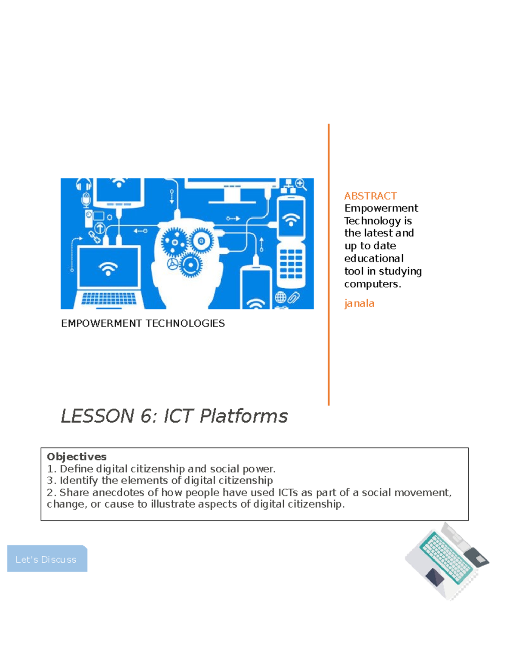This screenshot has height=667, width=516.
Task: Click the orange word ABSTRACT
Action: click(x=370, y=196)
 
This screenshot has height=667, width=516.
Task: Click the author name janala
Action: click(x=359, y=303)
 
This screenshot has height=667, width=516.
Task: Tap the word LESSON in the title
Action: click(x=98, y=416)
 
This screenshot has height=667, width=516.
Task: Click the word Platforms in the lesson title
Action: click(x=243, y=416)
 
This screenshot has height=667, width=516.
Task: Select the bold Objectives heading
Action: click(x=77, y=457)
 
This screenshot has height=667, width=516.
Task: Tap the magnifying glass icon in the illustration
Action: click(x=301, y=184)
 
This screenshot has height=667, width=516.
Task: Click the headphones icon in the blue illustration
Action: click(x=83, y=185)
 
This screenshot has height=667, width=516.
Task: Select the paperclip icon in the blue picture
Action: click(x=295, y=297)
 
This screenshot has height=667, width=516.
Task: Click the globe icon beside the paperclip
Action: click(x=281, y=297)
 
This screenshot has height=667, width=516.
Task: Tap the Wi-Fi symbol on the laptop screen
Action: click(x=108, y=269)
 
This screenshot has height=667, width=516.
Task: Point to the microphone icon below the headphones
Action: click(x=86, y=200)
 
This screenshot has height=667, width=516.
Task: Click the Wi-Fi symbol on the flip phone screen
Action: click(x=291, y=219)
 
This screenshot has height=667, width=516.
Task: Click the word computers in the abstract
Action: click(x=372, y=284)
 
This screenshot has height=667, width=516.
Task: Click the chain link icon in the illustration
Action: click(x=94, y=237)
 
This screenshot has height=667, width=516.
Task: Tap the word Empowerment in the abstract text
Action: click(x=381, y=208)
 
